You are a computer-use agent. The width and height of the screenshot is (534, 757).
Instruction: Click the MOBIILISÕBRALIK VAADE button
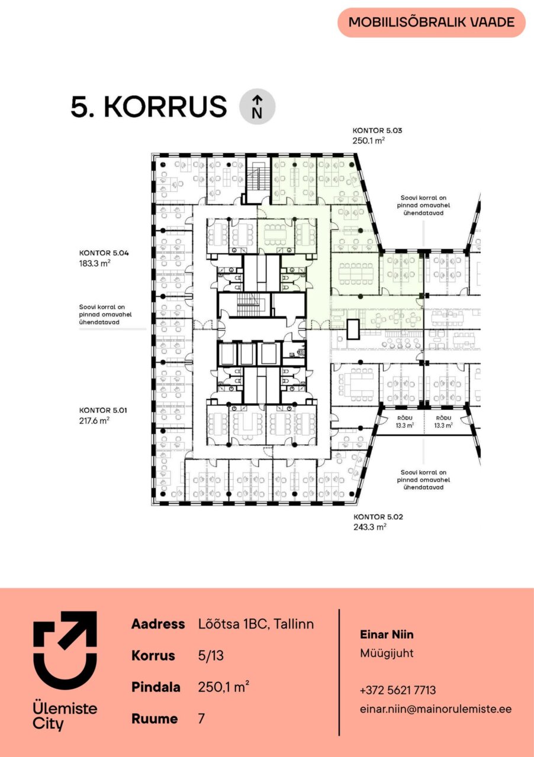click(x=432, y=22)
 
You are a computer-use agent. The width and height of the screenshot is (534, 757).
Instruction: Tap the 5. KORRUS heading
click(x=149, y=106)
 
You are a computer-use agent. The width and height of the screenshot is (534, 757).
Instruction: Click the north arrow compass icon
click(x=257, y=106)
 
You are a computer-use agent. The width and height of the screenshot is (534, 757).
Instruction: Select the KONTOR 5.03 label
click(x=377, y=131)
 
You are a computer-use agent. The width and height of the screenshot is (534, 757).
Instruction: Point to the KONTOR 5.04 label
click(x=104, y=253)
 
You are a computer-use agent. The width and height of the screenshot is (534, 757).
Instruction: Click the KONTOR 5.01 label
click(x=103, y=410)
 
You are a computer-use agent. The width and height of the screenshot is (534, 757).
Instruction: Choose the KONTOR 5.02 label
click(x=378, y=517)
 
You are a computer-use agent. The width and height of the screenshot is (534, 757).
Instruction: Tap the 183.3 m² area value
click(x=95, y=263)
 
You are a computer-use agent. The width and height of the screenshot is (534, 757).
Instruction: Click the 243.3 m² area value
click(x=370, y=527)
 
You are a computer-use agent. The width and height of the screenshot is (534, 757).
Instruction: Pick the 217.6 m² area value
click(x=94, y=420)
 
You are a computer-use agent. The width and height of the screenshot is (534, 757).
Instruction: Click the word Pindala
click(x=156, y=687)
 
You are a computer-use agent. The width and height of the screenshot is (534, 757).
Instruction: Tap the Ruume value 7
click(x=201, y=719)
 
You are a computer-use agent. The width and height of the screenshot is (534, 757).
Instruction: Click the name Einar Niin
click(x=387, y=635)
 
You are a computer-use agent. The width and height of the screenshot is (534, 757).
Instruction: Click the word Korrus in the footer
click(x=153, y=656)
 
